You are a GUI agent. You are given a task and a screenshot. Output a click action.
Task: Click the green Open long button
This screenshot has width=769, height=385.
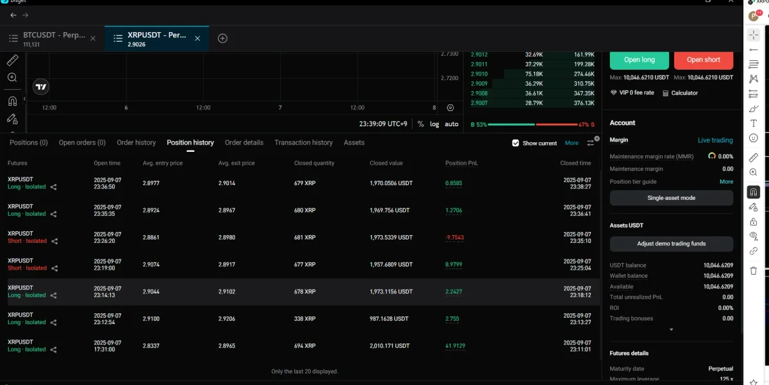[x=639, y=60]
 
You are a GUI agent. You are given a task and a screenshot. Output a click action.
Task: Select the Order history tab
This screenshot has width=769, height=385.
[x=136, y=142]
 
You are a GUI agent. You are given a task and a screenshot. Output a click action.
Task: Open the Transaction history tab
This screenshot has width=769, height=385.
[x=303, y=142]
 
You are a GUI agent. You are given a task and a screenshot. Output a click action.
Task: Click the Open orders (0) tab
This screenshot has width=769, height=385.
[x=82, y=142]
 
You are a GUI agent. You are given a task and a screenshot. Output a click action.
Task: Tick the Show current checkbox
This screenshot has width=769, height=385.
[x=515, y=143]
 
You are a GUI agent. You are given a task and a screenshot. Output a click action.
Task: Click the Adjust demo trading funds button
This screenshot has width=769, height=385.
[x=671, y=243]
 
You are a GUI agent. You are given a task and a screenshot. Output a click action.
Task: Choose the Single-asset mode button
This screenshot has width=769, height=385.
[x=671, y=198]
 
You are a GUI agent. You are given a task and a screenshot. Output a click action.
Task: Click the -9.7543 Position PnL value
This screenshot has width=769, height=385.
[x=454, y=237]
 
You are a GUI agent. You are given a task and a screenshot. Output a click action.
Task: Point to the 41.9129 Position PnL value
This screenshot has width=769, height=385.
[x=456, y=346]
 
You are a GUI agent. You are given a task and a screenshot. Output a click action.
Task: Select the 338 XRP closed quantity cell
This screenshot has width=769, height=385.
[x=304, y=318]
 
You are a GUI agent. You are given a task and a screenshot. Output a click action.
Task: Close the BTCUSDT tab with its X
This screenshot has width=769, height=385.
[x=93, y=38]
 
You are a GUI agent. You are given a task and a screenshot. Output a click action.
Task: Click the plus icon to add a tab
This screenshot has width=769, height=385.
[x=222, y=38]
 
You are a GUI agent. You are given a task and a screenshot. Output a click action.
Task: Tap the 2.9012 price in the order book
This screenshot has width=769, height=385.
[x=479, y=55]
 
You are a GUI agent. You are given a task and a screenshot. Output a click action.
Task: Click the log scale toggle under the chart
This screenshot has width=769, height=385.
[x=434, y=124]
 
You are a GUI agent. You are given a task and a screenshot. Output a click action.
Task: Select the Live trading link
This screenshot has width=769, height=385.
[x=715, y=140]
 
